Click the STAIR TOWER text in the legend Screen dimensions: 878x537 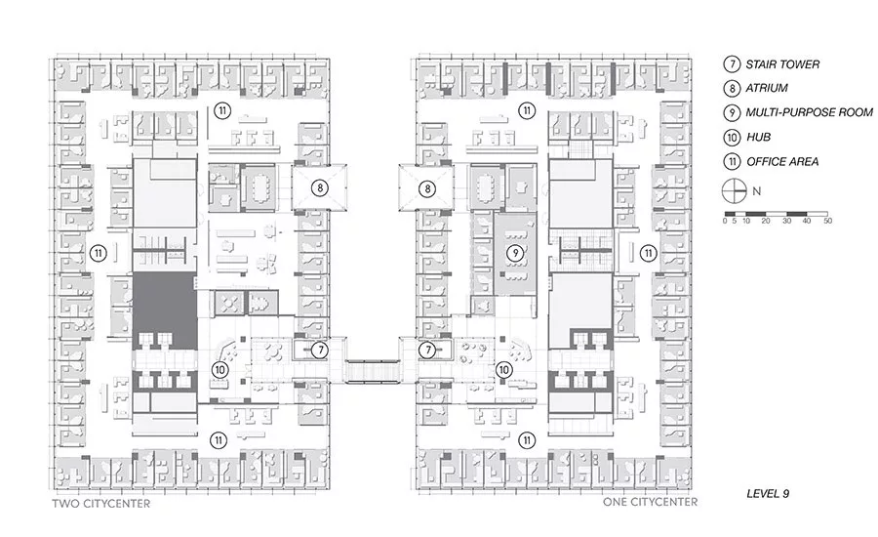point(782,64)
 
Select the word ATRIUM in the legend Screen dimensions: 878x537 point(767,88)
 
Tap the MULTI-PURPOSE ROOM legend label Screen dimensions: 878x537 point(809,112)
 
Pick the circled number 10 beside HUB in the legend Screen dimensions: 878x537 point(732,137)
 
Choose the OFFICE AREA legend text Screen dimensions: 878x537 point(782,161)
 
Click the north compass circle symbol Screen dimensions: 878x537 point(735,191)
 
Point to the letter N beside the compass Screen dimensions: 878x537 point(756,191)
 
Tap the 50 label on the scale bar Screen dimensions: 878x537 point(827,221)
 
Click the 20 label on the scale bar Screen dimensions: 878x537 point(766,221)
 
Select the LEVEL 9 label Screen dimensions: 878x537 point(768,493)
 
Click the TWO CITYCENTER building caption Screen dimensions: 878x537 point(101,504)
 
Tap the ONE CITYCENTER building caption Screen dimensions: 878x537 point(650,502)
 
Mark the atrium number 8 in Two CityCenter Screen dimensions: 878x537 point(320,187)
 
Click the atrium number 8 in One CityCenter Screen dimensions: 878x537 point(427,188)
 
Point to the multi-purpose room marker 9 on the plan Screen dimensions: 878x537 point(515,253)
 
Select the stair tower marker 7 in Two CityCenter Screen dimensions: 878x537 point(320,351)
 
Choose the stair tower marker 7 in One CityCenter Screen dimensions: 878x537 point(428,351)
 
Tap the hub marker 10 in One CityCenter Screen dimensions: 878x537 point(503,369)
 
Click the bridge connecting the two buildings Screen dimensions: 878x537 point(372,371)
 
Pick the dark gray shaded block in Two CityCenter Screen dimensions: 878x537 point(165,309)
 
